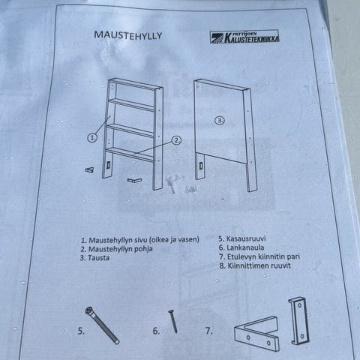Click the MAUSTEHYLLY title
click(128, 35)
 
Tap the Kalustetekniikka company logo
click(244, 37)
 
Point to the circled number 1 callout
click(92, 138)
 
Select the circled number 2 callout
click(177, 140)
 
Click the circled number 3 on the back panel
click(220, 121)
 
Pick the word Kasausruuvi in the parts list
click(246, 238)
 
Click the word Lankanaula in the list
click(245, 247)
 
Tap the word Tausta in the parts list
click(98, 258)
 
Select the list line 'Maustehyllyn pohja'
click(116, 249)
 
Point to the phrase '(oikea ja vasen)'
click(174, 240)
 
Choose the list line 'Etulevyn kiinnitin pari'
click(259, 256)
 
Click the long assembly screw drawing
click(102, 325)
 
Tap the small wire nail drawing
click(173, 321)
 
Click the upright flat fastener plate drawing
click(299, 321)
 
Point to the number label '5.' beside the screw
click(81, 331)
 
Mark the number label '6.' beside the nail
click(156, 331)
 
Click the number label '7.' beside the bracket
click(209, 331)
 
